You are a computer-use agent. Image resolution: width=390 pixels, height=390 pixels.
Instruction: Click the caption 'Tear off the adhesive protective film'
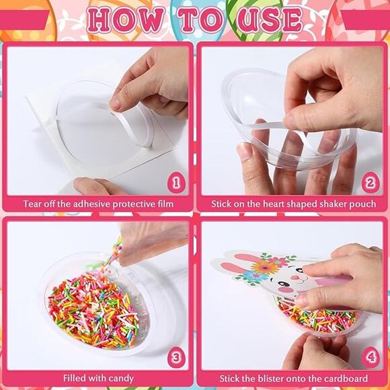pos(98,204)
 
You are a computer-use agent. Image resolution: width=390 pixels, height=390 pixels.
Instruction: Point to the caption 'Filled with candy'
pos(98,378)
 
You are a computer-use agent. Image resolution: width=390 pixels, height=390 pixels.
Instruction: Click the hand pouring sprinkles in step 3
pos(151,239)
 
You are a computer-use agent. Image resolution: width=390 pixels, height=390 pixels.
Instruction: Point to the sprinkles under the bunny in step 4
pos(316,316)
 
